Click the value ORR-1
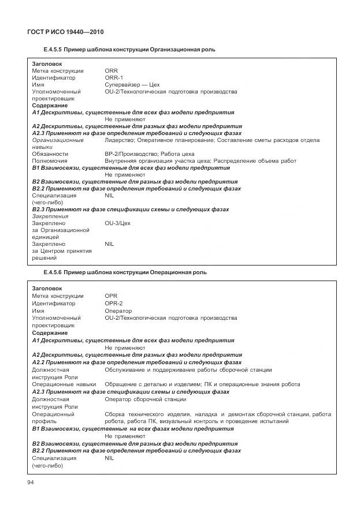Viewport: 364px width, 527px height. pos(114,77)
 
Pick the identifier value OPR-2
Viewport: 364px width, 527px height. pos(114,303)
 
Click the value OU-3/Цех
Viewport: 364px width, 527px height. pos(118,223)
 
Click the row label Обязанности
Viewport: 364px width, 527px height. pos(50,154)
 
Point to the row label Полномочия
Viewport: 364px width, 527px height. pos(50,161)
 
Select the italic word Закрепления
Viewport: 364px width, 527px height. pos(50,216)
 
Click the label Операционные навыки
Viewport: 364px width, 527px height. pos(64,384)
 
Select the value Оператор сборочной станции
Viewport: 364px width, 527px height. pos(146,399)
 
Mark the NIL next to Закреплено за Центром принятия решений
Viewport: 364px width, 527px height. pos(110,244)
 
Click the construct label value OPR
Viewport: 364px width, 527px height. pos(111,296)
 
